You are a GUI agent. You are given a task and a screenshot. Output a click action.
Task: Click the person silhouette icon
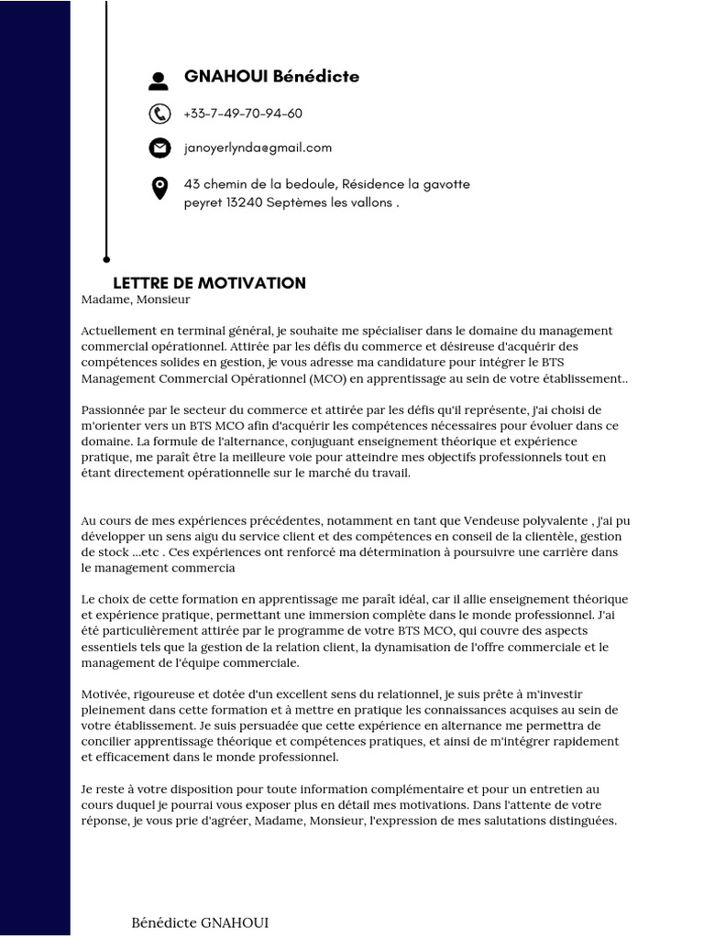[x=159, y=82]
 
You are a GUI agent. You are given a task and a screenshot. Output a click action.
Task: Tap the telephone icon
[x=159, y=114]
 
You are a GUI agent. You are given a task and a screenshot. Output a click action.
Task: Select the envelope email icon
[x=159, y=147]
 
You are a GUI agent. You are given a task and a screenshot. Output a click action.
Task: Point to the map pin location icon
[x=159, y=189]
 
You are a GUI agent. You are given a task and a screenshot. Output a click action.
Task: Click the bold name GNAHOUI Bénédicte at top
[x=271, y=77]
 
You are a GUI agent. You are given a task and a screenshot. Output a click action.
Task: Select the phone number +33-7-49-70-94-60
[x=243, y=114]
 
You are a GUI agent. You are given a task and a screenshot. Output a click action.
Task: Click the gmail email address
[x=258, y=147]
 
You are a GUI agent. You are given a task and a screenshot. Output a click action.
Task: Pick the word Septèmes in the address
[x=298, y=202]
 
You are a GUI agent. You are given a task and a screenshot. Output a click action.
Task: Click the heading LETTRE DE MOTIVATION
[x=209, y=283]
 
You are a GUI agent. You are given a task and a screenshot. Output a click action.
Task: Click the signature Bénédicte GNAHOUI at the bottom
[x=201, y=922]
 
